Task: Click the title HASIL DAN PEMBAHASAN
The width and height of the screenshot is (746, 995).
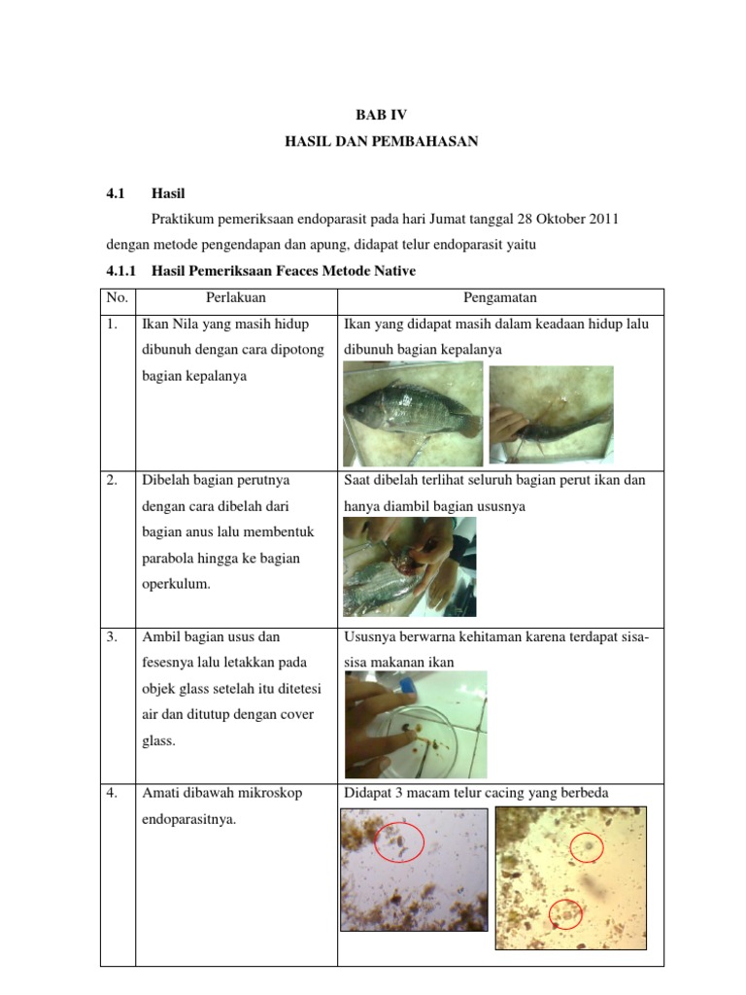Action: [382, 142]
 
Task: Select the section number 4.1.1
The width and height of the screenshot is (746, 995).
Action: [122, 271]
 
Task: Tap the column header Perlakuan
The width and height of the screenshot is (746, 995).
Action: [236, 297]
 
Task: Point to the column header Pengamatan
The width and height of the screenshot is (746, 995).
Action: [500, 297]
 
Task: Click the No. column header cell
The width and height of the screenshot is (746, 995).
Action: [118, 297]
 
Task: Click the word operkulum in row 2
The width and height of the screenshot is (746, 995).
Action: [175, 585]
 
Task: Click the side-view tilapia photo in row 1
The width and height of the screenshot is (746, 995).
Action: [413, 413]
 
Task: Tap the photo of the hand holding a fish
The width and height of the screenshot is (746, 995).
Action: [551, 415]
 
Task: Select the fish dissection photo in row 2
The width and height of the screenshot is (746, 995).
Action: [409, 567]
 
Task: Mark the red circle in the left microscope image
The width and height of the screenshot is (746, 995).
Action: [398, 841]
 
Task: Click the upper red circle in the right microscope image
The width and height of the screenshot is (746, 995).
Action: [587, 846]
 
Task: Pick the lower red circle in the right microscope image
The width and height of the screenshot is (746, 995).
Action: [565, 912]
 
